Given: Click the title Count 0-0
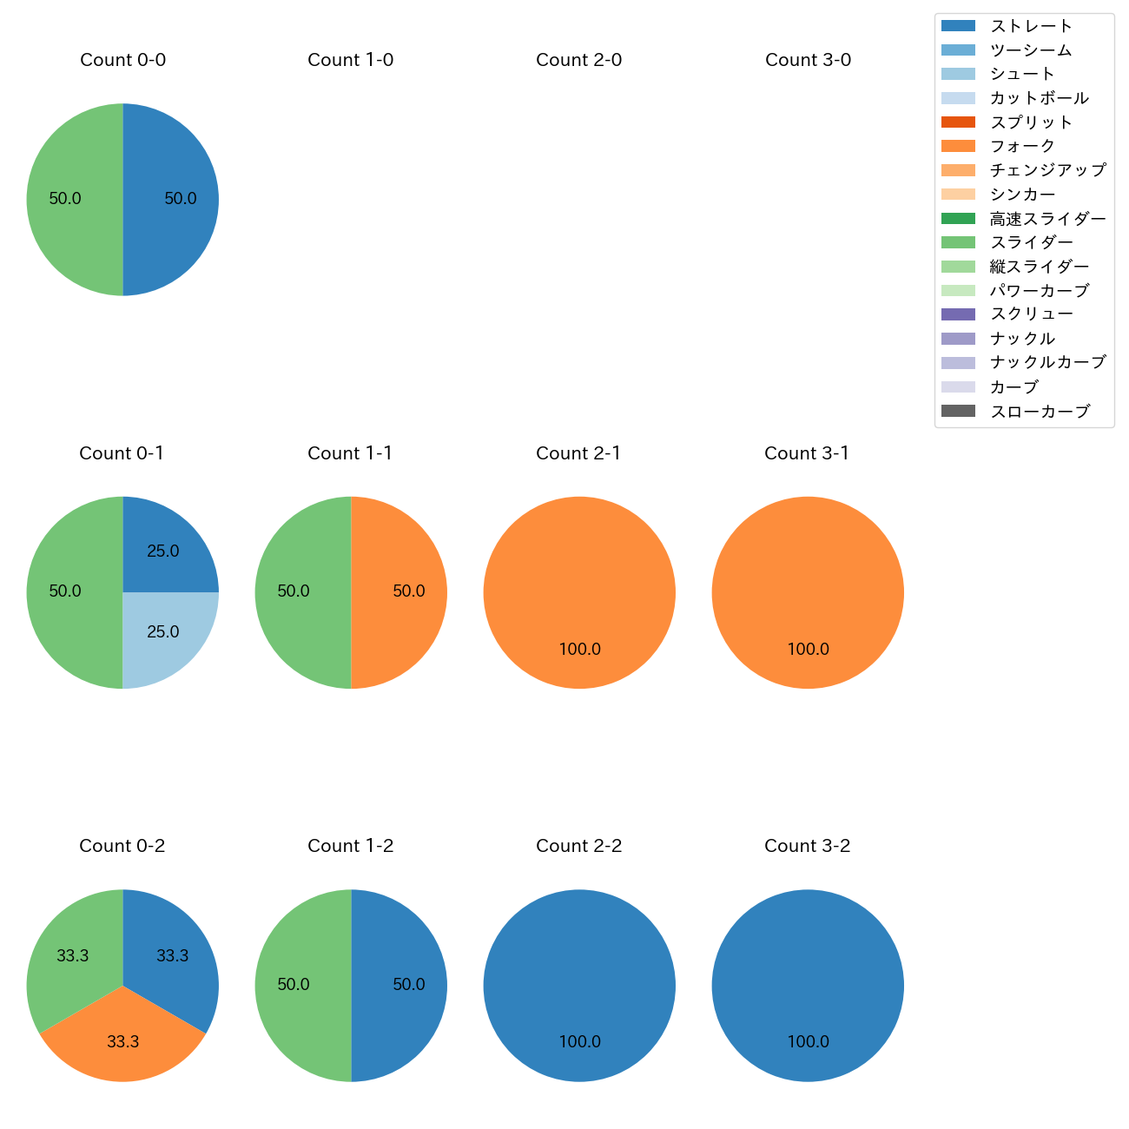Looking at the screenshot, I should click(122, 60).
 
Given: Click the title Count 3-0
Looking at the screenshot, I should click(808, 60).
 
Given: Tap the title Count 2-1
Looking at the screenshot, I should click(578, 453).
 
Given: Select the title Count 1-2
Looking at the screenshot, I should click(350, 846).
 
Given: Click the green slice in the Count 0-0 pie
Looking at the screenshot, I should click(74, 200).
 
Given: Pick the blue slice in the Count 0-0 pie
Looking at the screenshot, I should click(172, 200).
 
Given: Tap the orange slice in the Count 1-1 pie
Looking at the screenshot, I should click(399, 592).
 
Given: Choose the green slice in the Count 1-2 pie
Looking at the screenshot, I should click(302, 985).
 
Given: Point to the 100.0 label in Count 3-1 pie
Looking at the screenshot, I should click(808, 649).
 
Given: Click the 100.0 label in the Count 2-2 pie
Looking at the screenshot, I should click(579, 1041).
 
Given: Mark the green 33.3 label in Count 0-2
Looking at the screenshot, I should click(73, 955).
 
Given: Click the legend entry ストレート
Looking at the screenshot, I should click(1031, 26).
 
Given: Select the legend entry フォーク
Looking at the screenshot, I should click(1022, 146).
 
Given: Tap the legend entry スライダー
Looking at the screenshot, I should click(1031, 242).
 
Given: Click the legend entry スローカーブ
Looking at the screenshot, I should click(1040, 412).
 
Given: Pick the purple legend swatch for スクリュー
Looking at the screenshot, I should click(958, 314).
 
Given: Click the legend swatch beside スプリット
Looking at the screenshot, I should click(958, 122).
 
